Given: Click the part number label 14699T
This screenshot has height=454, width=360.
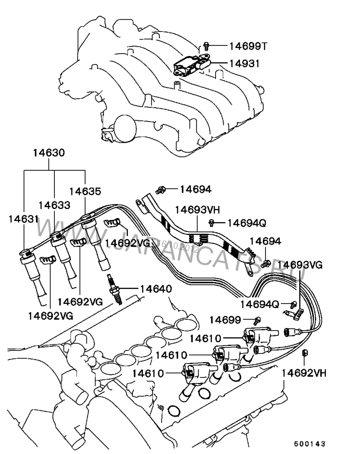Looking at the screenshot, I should click(248, 45).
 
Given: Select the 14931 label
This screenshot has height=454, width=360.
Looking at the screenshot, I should click(244, 64).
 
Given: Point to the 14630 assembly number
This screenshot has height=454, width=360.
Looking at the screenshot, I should click(49, 153).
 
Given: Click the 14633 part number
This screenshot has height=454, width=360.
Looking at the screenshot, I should click(54, 205).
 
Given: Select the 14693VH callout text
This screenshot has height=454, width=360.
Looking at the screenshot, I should click(197, 210).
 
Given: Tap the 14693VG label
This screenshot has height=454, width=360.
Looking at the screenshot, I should click(300, 264).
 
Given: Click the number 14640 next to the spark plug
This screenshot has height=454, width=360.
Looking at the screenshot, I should click(156, 289).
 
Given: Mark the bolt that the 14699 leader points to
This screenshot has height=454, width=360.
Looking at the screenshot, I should click(257, 320).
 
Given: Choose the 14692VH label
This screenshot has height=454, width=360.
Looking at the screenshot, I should click(304, 373).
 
